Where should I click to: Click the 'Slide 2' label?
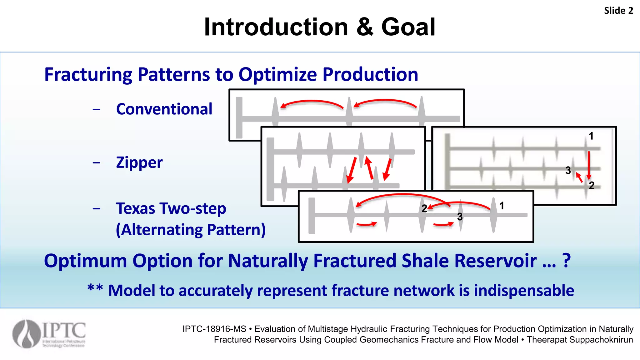click(618, 11)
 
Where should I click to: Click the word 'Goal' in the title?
click(408, 27)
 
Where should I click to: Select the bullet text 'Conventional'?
click(164, 109)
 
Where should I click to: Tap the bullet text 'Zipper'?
click(139, 162)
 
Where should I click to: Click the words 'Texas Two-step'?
click(171, 208)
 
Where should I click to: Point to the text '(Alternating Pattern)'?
click(191, 230)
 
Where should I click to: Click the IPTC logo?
click(49, 334)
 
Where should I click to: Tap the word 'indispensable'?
click(524, 290)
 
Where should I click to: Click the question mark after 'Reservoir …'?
click(567, 261)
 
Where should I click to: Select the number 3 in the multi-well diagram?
click(568, 170)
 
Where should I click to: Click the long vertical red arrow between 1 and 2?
click(589, 165)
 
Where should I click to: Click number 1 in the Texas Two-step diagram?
click(502, 206)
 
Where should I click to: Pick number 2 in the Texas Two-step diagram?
click(424, 209)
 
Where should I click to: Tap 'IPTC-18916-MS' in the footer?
click(214, 329)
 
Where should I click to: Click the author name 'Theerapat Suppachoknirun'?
click(580, 340)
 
